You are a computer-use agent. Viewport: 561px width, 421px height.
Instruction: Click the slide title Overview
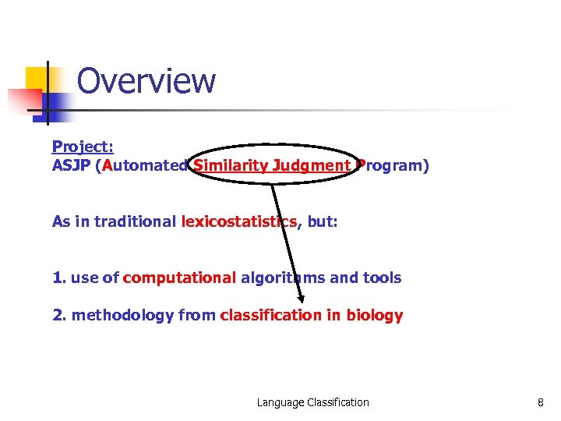(x=146, y=81)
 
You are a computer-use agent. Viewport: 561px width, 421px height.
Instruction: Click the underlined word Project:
(x=83, y=147)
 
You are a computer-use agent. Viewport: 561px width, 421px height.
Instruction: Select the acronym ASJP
(x=70, y=165)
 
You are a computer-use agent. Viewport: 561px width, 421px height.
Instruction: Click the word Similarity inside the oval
(x=231, y=165)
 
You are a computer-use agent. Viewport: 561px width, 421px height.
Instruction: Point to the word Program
(x=387, y=165)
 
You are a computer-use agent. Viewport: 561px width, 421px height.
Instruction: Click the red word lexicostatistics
(x=239, y=221)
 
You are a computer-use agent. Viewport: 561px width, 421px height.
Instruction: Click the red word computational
(x=179, y=278)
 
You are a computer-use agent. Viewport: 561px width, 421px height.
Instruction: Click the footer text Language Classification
(x=313, y=402)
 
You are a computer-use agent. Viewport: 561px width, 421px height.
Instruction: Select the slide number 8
(x=540, y=402)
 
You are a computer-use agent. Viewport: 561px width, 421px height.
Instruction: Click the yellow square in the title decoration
(x=39, y=80)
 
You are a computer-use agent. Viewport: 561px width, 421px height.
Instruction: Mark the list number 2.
(x=57, y=315)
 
